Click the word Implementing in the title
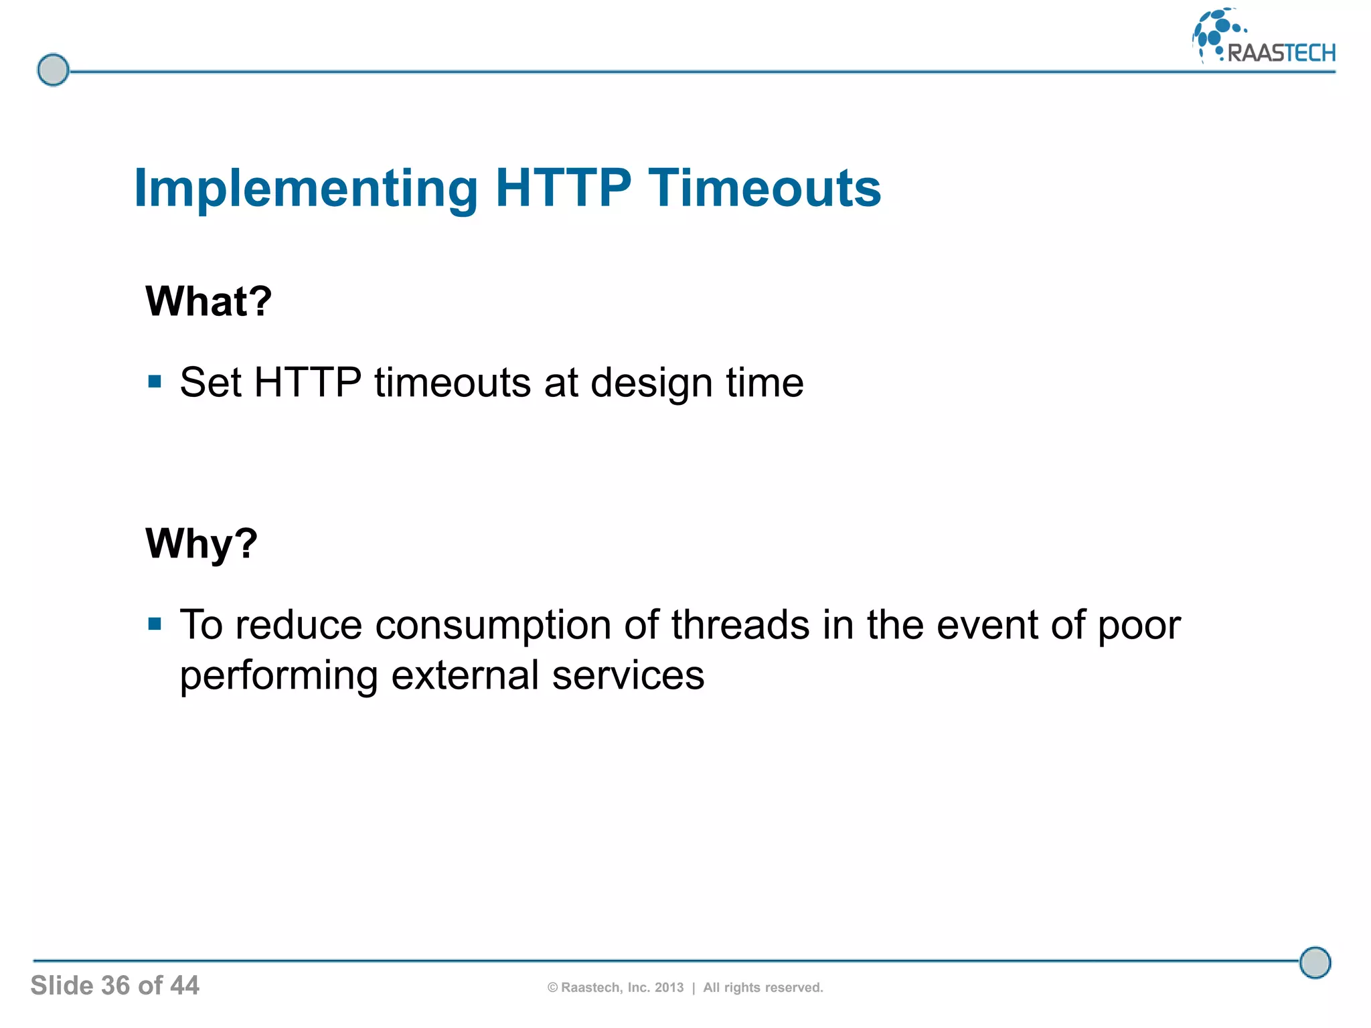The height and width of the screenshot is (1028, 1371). pyautogui.click(x=305, y=189)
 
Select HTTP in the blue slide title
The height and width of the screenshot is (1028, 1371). pyautogui.click(x=563, y=189)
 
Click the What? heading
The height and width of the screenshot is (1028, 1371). pyautogui.click(x=208, y=301)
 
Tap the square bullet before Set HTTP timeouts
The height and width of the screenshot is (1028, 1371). pyautogui.click(x=155, y=382)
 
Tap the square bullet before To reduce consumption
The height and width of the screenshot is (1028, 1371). pyautogui.click(x=155, y=624)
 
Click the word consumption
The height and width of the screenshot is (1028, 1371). pyautogui.click(x=493, y=626)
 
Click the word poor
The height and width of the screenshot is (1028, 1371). pyautogui.click(x=1139, y=626)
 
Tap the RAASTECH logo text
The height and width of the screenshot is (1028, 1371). pyautogui.click(x=1281, y=53)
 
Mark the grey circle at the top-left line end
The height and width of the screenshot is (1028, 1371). pyautogui.click(x=53, y=70)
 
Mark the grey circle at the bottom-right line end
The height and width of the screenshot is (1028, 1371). pyautogui.click(x=1315, y=962)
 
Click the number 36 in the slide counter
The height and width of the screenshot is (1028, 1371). pyautogui.click(x=115, y=985)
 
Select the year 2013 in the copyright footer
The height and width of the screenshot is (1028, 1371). pyautogui.click(x=669, y=987)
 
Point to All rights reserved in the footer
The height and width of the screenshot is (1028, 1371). pyautogui.click(x=762, y=987)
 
